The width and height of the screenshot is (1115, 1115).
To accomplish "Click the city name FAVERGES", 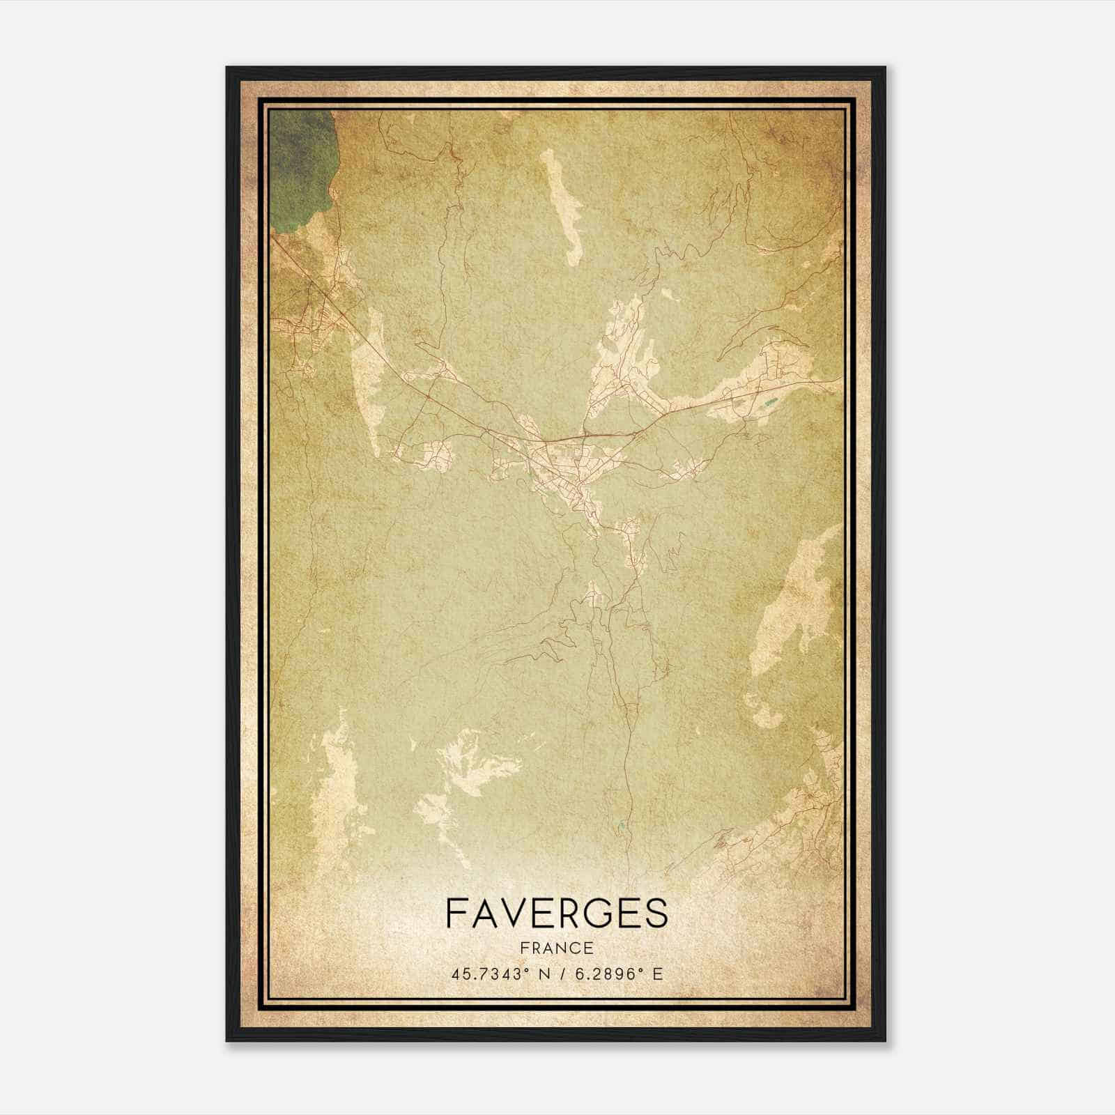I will [556, 914].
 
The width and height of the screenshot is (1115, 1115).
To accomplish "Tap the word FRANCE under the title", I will [556, 948].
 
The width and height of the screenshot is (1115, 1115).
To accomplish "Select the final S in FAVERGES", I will [656, 914].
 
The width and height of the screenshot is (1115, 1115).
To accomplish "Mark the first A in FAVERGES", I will [484, 914].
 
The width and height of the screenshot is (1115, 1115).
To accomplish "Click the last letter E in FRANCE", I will [590, 948].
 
